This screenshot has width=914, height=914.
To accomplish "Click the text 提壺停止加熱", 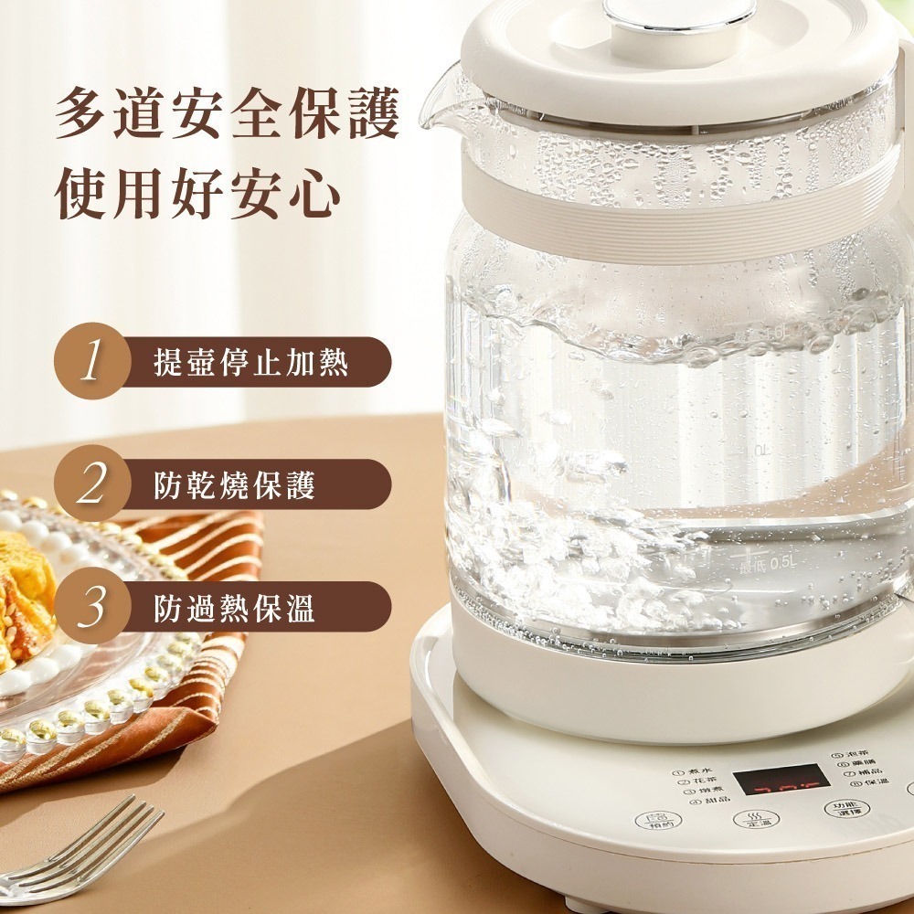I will (250, 362).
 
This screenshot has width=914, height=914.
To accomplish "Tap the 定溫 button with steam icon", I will (756, 820).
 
